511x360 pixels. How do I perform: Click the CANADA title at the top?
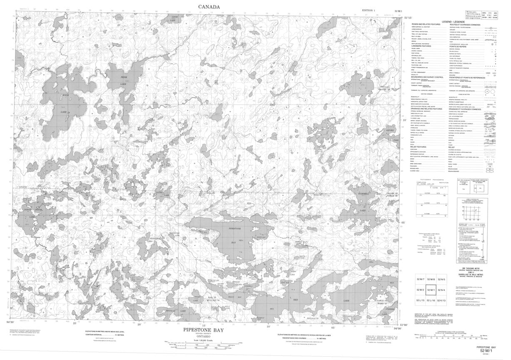point(209,6)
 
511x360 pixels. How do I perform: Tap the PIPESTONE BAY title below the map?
point(204,330)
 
